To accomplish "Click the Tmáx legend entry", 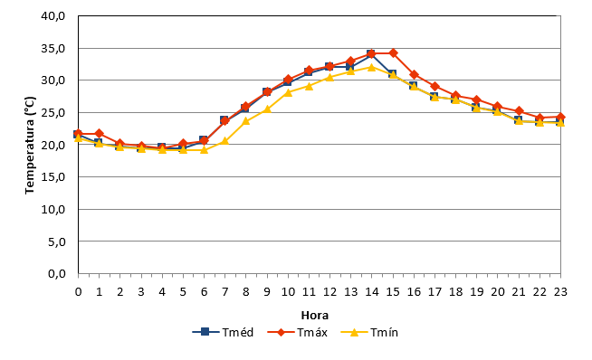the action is click(298, 333).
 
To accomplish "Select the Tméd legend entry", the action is click(223, 333).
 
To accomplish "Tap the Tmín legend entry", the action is click(369, 333).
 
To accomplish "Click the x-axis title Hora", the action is click(314, 315).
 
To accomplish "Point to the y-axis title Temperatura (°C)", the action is click(30, 146).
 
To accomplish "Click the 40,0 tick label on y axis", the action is click(53, 16).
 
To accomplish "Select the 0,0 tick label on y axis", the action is click(57, 273).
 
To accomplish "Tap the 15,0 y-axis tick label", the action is click(53, 177).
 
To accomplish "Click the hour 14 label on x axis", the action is click(372, 291).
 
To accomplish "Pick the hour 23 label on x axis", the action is click(560, 291).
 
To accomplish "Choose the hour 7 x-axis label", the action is click(225, 291).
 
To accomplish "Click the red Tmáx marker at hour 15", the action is click(393, 52).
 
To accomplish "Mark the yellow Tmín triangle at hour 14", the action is click(372, 67).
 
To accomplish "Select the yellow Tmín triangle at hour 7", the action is click(225, 141).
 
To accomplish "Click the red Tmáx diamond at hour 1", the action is click(100, 134).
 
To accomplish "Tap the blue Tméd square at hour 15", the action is click(392, 74).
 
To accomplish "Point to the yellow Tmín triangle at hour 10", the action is click(288, 92).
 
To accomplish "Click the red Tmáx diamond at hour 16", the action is click(414, 74).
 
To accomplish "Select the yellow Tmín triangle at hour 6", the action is click(205, 149).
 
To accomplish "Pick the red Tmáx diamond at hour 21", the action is click(519, 111).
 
